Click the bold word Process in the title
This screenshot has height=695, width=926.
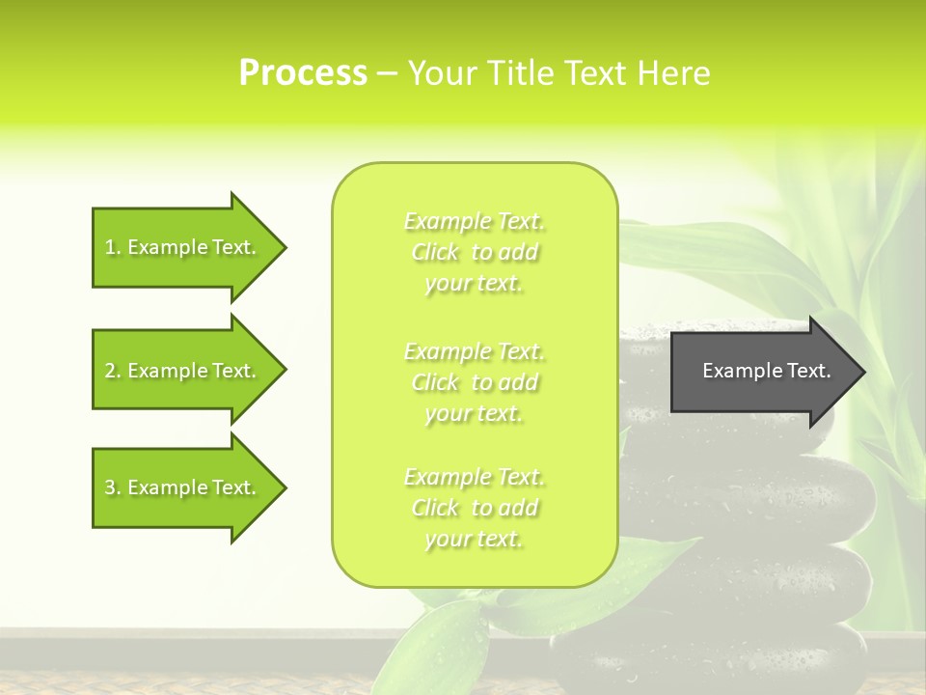click(x=303, y=73)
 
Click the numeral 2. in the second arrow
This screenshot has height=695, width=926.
click(x=112, y=371)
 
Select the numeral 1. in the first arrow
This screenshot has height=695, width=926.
click(x=112, y=247)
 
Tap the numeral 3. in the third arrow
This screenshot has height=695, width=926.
click(x=112, y=487)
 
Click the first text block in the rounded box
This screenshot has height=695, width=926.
click(x=474, y=253)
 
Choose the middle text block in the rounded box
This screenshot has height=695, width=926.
click(x=474, y=382)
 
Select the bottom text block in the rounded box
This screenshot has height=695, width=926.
click(x=474, y=508)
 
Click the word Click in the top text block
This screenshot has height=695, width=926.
click(x=435, y=253)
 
